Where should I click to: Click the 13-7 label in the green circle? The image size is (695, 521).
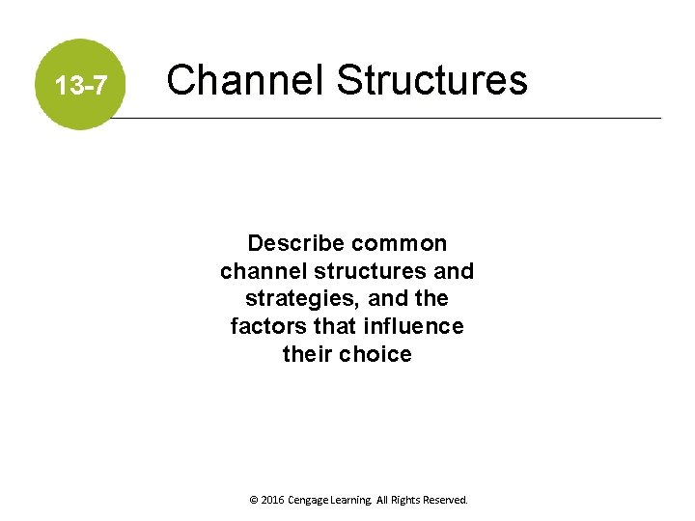click(81, 87)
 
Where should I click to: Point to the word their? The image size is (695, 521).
click(308, 355)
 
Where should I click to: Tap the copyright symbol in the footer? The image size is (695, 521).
click(253, 501)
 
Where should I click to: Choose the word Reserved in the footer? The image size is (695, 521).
click(450, 501)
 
